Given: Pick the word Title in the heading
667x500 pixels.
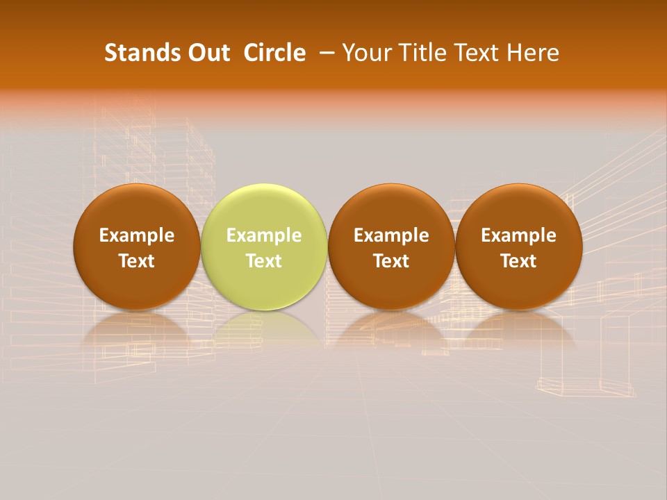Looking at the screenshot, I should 418,53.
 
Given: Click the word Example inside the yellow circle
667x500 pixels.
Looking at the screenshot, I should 264,235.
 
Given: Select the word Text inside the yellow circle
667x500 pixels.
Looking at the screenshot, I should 264,261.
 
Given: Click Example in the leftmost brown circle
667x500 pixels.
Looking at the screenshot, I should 137,235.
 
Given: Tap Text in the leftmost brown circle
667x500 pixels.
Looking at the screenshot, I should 137,261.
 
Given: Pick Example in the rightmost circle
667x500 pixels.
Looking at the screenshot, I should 519,235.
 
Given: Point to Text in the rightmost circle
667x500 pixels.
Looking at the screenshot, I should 519,261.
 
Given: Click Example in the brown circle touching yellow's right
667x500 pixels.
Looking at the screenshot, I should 391,235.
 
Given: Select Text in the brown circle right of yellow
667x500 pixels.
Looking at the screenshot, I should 391,261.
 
